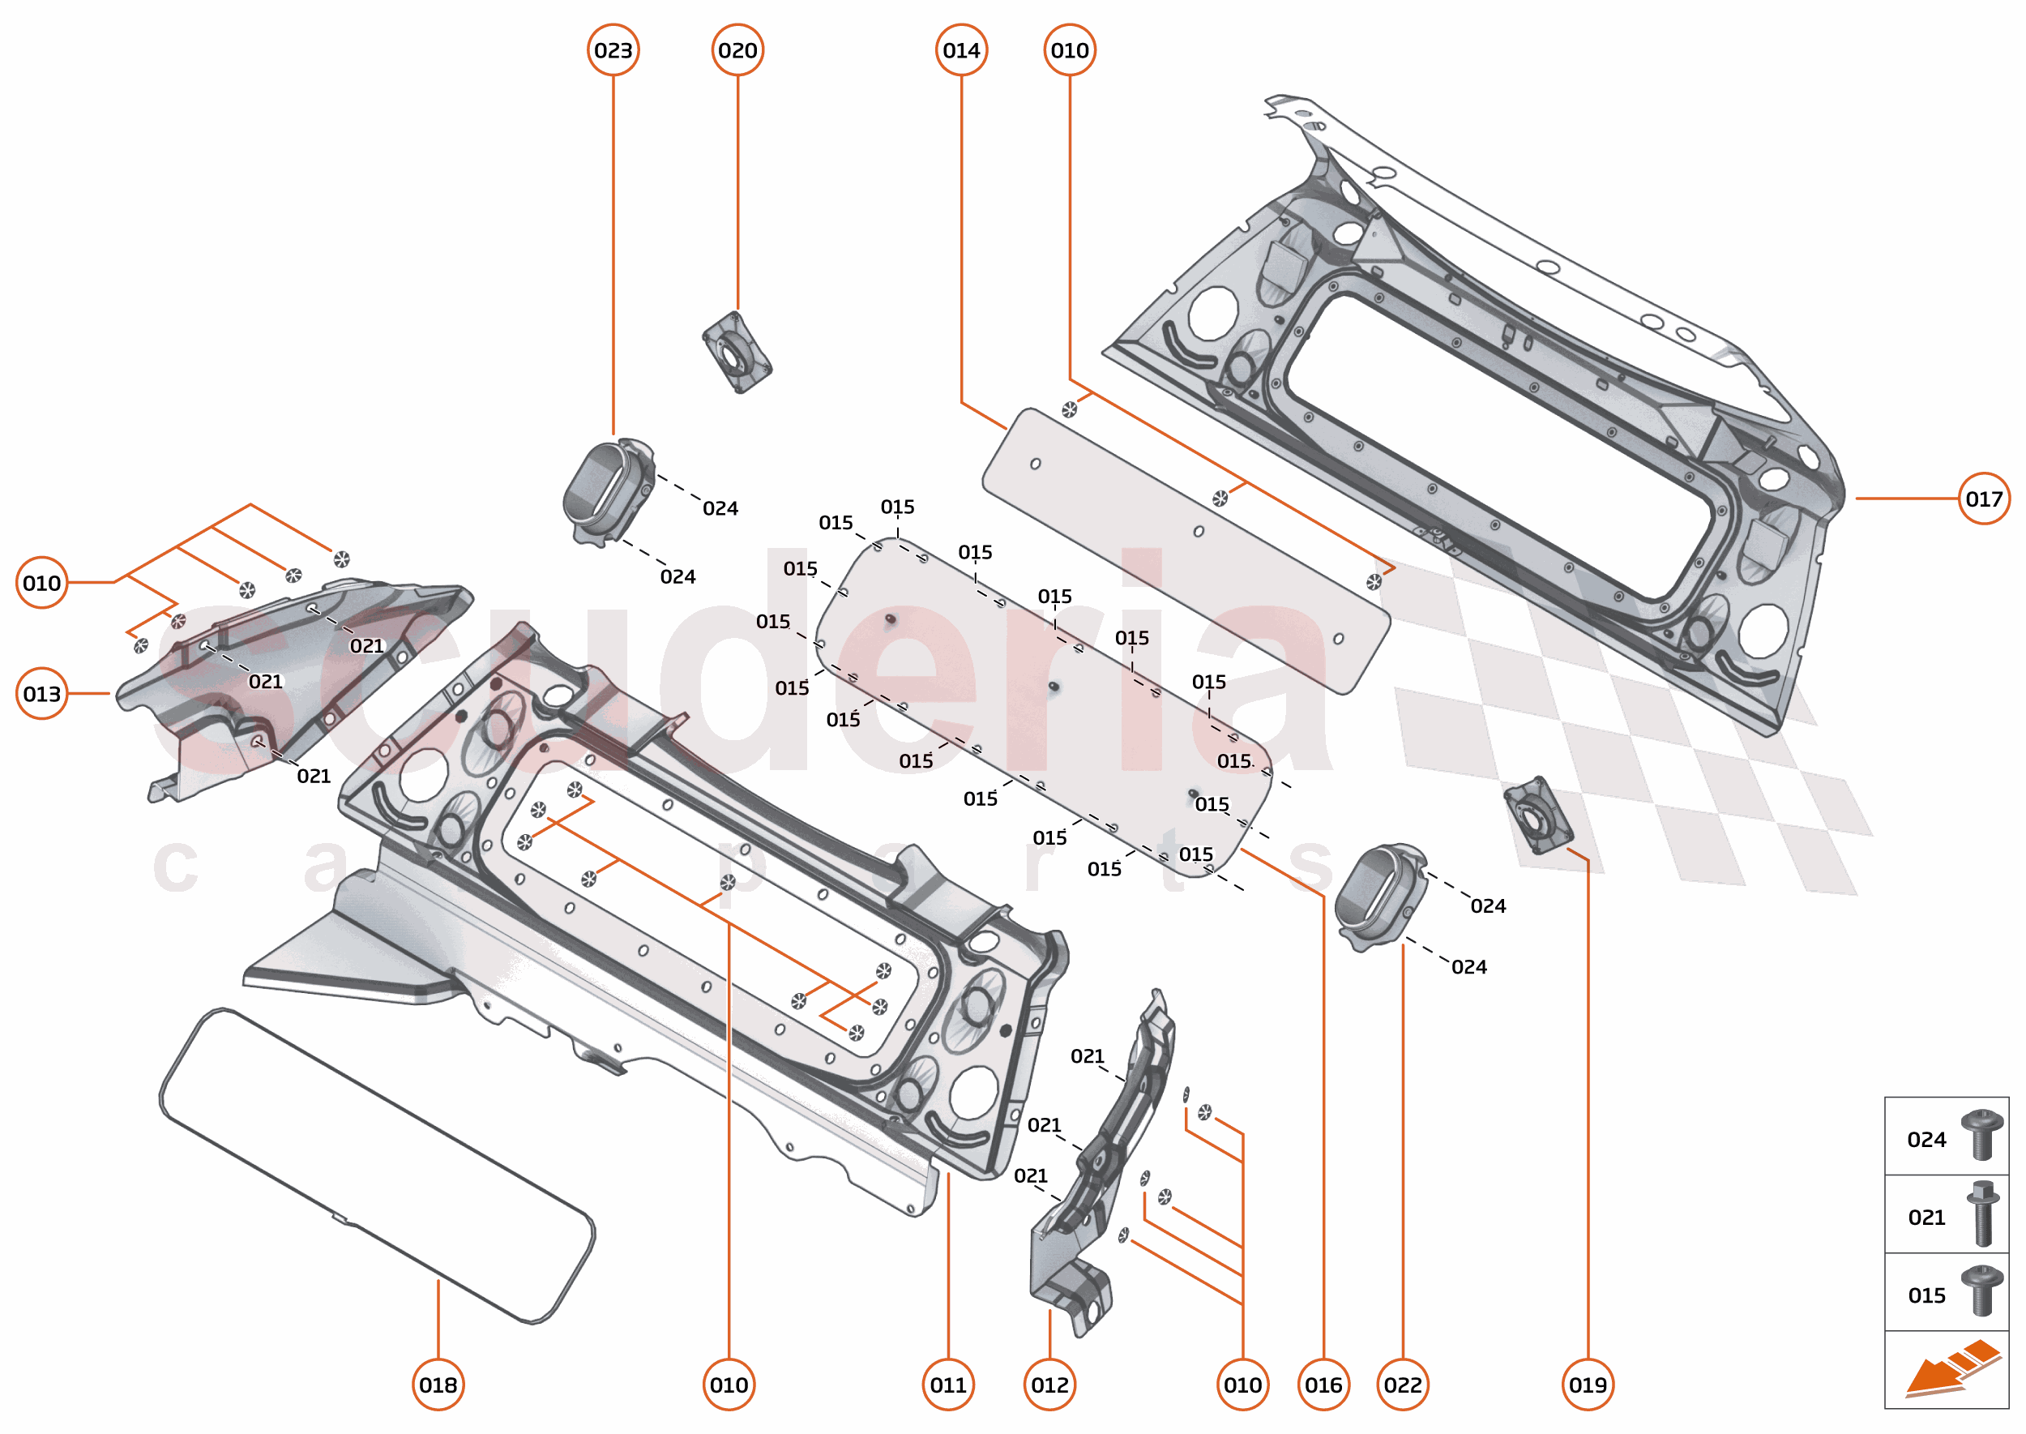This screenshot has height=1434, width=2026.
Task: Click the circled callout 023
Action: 613,50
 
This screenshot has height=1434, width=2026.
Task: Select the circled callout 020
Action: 737,50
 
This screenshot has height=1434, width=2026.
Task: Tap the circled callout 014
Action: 960,50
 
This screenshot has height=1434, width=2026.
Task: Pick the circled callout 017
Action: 1983,499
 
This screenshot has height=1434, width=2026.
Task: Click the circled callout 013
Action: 41,694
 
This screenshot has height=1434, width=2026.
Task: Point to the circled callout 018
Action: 438,1385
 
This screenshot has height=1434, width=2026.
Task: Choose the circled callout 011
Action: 948,1385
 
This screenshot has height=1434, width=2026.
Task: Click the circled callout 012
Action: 1049,1385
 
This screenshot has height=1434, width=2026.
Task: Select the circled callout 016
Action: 1323,1385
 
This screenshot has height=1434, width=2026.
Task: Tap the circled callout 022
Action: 1403,1385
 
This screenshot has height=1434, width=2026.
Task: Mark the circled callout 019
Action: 1588,1385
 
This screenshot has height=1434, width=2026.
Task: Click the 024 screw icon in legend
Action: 1981,1136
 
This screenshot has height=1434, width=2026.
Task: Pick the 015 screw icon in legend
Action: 1981,1291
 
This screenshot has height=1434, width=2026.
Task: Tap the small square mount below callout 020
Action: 736,353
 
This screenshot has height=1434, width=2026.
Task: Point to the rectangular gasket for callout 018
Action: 377,1166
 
